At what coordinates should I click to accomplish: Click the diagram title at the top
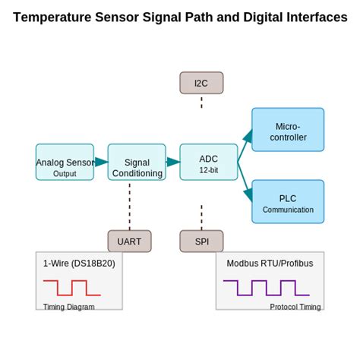tap(180, 17)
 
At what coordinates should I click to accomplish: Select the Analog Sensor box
tap(65, 162)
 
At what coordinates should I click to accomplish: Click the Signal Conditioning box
tap(137, 162)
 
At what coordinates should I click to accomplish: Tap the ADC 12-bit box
tap(209, 162)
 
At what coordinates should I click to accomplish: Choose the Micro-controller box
tap(288, 130)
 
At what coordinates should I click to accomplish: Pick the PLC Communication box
tap(288, 202)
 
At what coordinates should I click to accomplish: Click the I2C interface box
tap(201, 83)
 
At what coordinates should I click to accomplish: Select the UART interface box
tap(129, 242)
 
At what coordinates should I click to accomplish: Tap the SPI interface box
tap(201, 242)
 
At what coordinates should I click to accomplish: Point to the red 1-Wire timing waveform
tap(72, 288)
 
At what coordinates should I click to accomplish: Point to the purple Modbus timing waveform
tap(266, 288)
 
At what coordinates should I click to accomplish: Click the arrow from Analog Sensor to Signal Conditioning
tap(101, 162)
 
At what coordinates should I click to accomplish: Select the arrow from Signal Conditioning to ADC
tap(173, 162)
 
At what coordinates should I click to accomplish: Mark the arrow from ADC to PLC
tap(245, 181)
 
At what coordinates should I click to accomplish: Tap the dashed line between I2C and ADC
tap(201, 102)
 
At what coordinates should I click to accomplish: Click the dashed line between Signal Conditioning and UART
tap(129, 205)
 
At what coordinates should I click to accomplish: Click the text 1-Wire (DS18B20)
tap(79, 264)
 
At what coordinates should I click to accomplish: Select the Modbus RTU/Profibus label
tap(270, 264)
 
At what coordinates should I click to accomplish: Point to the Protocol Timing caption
tap(295, 307)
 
